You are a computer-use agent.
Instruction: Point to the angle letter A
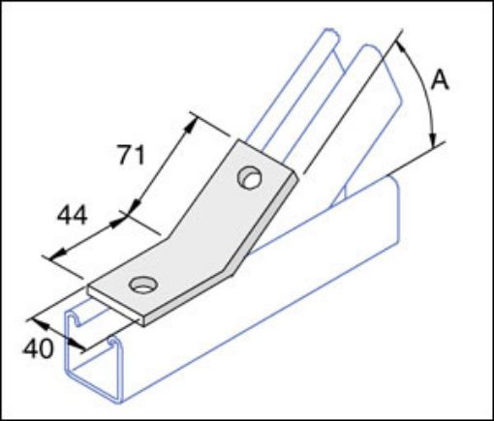(x=440, y=82)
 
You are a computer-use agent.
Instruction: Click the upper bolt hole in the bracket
(x=251, y=178)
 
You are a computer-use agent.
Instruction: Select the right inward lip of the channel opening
(x=113, y=346)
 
